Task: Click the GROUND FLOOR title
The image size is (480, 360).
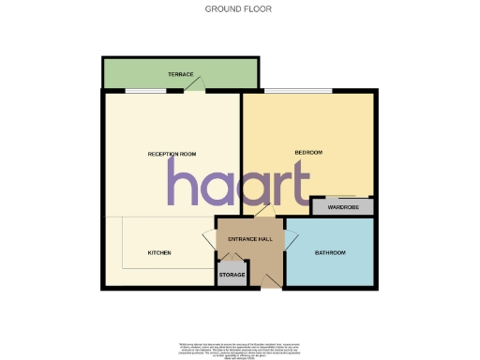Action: tap(239, 8)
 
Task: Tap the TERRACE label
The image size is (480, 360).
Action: tap(181, 73)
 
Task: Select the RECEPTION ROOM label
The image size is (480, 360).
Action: tap(170, 153)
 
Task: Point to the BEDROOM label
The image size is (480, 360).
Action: tap(309, 153)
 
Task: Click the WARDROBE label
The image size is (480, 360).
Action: tap(343, 208)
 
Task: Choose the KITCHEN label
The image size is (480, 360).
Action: tap(158, 253)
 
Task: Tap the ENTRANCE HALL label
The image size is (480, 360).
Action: tap(250, 239)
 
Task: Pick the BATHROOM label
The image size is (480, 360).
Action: tap(330, 253)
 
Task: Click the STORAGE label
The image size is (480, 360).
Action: tap(232, 275)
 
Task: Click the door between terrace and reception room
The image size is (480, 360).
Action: tap(193, 87)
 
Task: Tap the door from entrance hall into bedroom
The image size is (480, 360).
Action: tap(265, 213)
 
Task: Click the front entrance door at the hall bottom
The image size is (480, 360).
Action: tap(271, 281)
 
